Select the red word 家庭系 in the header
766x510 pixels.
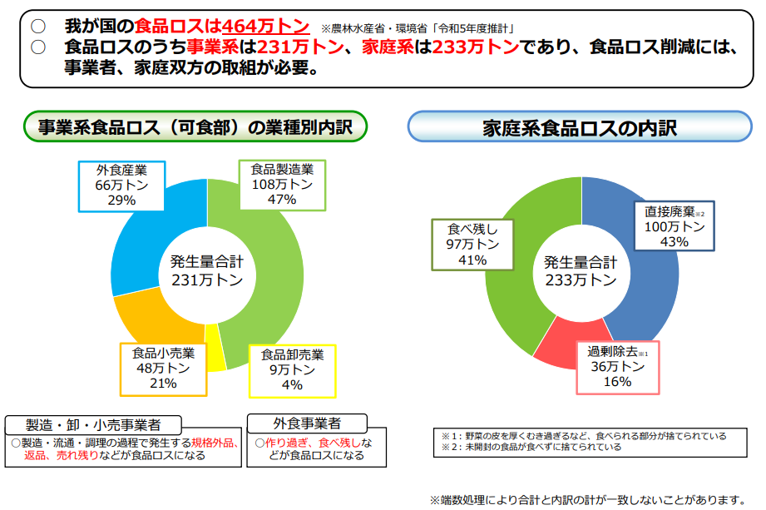pos(390,47)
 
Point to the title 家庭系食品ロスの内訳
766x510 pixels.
pos(580,128)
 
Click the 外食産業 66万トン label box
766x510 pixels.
pos(121,185)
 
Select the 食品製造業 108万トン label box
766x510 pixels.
pos(282,185)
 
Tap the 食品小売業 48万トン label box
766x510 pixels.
pos(162,368)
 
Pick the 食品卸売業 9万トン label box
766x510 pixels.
pos(292,370)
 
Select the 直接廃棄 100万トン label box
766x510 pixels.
pos(675,225)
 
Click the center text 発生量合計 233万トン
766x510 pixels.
pos(581,271)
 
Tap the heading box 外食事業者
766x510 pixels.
pos(306,423)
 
